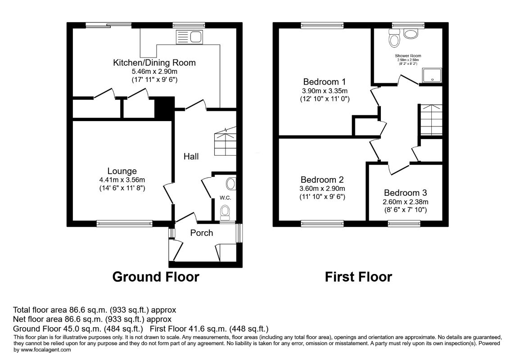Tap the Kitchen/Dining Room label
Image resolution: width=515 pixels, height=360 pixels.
pyautogui.click(x=154, y=63)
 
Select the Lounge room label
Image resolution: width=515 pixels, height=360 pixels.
pyautogui.click(x=122, y=171)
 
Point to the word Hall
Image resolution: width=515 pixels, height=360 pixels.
pyautogui.click(x=191, y=156)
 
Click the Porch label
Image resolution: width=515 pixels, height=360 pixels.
pyautogui.click(x=202, y=233)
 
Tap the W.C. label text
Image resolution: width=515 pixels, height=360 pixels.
pyautogui.click(x=225, y=198)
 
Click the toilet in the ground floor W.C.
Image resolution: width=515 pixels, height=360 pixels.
pyautogui.click(x=225, y=213)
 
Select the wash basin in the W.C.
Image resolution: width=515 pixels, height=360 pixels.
pyautogui.click(x=231, y=184)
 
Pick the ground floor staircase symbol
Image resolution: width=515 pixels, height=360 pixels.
pyautogui.click(x=225, y=142)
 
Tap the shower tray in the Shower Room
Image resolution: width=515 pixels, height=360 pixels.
pyautogui.click(x=432, y=75)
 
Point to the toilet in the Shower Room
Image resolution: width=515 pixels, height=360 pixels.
pyautogui.click(x=394, y=38)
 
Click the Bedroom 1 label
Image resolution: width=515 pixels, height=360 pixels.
pyautogui.click(x=325, y=82)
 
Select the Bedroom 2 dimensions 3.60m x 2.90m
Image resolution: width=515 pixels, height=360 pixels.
pyautogui.click(x=322, y=189)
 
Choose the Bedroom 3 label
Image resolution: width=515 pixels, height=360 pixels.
pyautogui.click(x=405, y=193)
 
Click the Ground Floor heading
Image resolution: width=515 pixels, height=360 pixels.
pyautogui.click(x=156, y=277)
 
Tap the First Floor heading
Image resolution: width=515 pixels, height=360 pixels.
pyautogui.click(x=358, y=277)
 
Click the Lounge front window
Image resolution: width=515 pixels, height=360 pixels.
pyautogui.click(x=125, y=224)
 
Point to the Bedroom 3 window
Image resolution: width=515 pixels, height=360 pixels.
pyautogui.click(x=404, y=224)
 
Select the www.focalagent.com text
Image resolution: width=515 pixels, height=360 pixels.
pyautogui.click(x=45, y=350)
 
